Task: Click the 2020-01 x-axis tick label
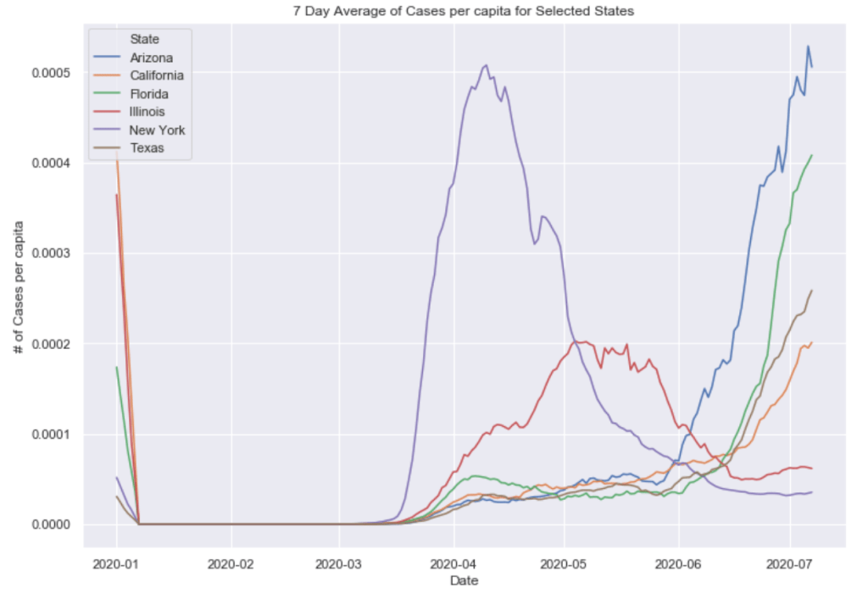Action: click(117, 563)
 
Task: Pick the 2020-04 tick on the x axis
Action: click(453, 563)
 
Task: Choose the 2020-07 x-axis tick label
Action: click(790, 563)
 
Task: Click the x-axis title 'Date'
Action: click(464, 580)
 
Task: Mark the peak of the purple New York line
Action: click(486, 64)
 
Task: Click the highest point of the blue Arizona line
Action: click(808, 46)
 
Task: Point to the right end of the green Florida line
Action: click(812, 155)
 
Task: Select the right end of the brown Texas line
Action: click(812, 291)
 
